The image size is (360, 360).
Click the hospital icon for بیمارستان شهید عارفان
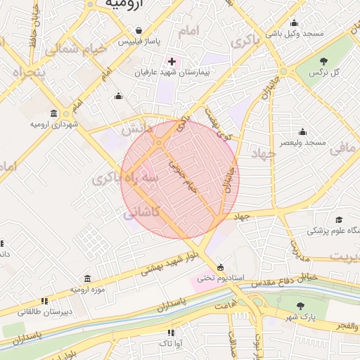point(172,62)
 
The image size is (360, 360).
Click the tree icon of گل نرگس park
point(323,61)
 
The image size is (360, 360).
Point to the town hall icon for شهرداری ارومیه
point(54,113)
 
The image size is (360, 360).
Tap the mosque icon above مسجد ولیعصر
point(302,131)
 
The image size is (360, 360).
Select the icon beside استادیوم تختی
point(221,267)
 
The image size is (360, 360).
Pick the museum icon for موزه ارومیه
point(87,278)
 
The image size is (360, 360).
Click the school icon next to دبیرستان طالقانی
point(45,300)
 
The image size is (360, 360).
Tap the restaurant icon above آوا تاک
point(170,332)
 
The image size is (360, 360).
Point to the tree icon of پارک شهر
point(301,306)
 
